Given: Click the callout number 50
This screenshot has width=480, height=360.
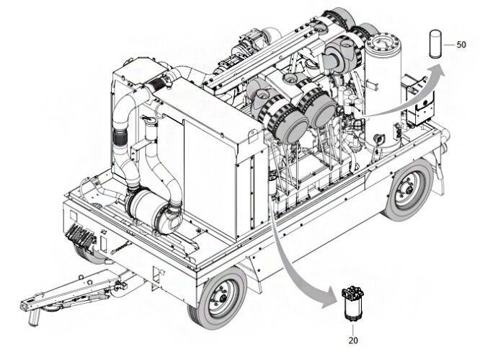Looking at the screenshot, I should [461, 45].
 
